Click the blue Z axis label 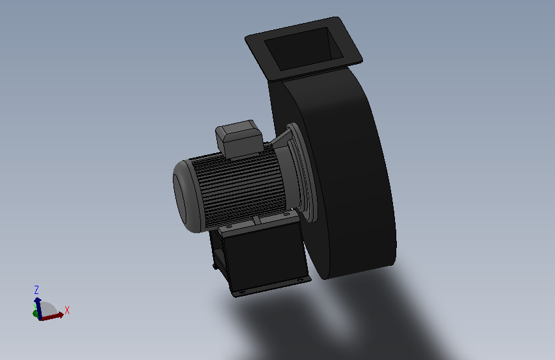point(36,290)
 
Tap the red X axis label point(67,311)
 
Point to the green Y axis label point(35,305)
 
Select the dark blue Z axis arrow point(38,308)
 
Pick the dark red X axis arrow point(52,316)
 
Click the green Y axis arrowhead point(35,314)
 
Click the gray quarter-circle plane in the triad point(49,309)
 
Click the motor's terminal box point(239,139)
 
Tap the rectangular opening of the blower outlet point(303,49)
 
